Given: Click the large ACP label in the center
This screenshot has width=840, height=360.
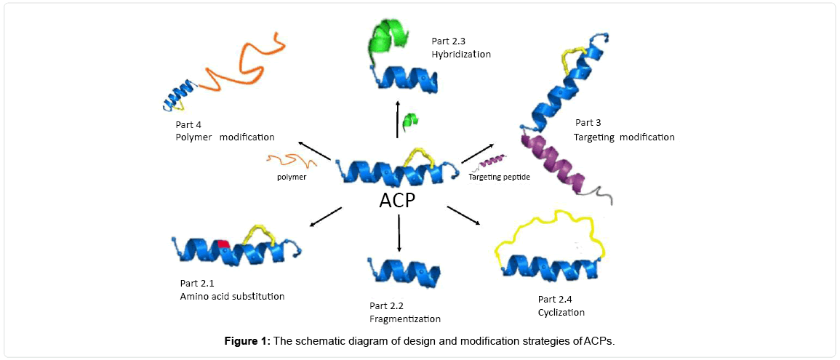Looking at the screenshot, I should pos(397,200).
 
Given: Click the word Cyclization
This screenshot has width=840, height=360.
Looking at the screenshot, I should pos(561,313).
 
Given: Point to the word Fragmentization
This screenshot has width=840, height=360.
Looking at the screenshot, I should pos(404,319).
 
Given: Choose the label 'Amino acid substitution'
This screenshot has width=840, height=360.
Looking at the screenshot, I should pos(232,296).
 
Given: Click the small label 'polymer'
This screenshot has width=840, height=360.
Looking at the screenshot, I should pos(291,177).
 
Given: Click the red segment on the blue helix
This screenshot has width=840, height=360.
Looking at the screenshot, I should pos(223,245).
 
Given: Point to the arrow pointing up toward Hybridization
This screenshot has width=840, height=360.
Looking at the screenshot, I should pos(397,119).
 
